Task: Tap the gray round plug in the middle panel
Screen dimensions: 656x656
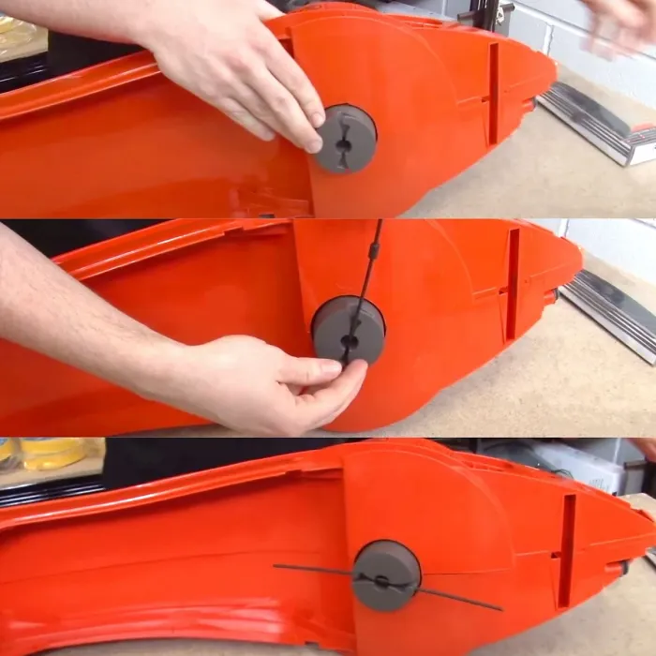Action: tap(348, 329)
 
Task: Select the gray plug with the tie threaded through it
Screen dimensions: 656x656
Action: tap(386, 575)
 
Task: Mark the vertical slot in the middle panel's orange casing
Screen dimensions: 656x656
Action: tap(513, 285)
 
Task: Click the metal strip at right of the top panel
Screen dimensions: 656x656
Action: tap(600, 131)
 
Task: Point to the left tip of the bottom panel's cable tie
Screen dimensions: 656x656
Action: tap(276, 566)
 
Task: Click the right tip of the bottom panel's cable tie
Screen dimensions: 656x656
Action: tap(500, 609)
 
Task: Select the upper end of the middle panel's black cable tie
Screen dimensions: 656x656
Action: tap(378, 226)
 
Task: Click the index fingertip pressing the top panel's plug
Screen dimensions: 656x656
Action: tap(315, 142)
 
